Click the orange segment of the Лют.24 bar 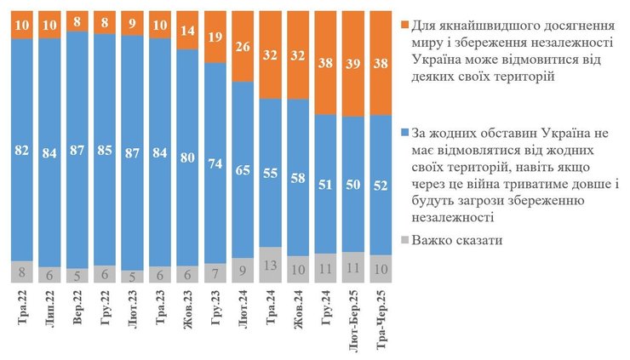(243, 47)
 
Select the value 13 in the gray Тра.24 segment (270, 264)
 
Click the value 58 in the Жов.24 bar (298, 180)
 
